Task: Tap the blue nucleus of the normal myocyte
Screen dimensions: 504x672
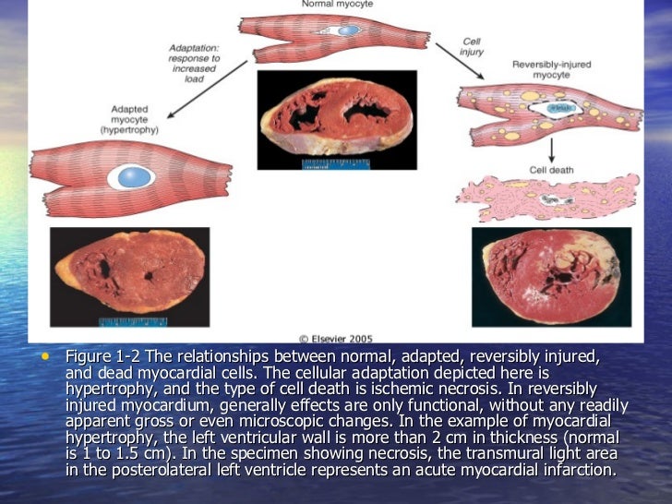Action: pos(348,30)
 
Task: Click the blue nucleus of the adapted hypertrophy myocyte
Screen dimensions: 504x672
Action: pos(136,176)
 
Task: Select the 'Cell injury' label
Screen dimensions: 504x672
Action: pos(472,46)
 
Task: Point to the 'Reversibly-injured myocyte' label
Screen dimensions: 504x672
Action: pos(552,69)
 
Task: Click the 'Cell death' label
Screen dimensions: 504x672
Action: pos(551,170)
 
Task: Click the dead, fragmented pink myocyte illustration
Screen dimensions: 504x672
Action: pos(548,198)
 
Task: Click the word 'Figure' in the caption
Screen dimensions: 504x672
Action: pos(87,357)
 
